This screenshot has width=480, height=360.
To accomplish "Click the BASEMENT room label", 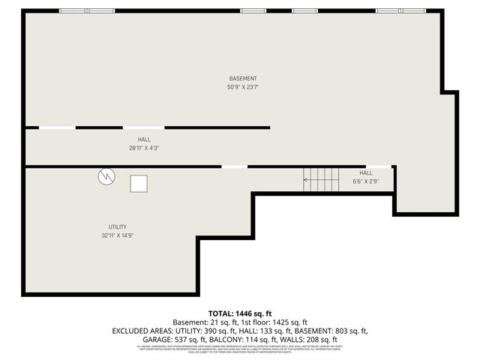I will [x=243, y=78].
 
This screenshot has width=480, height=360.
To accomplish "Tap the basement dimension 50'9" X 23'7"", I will [x=243, y=87].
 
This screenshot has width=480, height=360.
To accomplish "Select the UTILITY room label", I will [x=117, y=226].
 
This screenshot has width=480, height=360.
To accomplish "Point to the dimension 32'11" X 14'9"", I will [x=117, y=235].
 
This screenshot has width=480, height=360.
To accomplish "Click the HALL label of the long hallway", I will [x=144, y=139].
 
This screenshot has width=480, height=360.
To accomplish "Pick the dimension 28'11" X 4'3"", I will [x=144, y=148].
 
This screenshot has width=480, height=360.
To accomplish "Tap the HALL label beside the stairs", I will [x=365, y=172].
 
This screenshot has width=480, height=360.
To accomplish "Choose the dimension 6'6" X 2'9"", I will [x=365, y=181].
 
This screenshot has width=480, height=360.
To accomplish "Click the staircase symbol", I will [x=321, y=178].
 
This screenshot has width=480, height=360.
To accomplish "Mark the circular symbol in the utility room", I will [x=106, y=176].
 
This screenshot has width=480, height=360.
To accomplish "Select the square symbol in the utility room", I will [x=139, y=184].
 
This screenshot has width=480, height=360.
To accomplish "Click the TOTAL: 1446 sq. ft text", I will [x=240, y=313].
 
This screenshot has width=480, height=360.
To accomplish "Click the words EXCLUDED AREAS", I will [x=139, y=330].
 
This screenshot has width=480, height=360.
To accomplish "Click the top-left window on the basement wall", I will [x=76, y=10].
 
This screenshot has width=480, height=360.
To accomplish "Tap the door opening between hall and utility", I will [x=234, y=166].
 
